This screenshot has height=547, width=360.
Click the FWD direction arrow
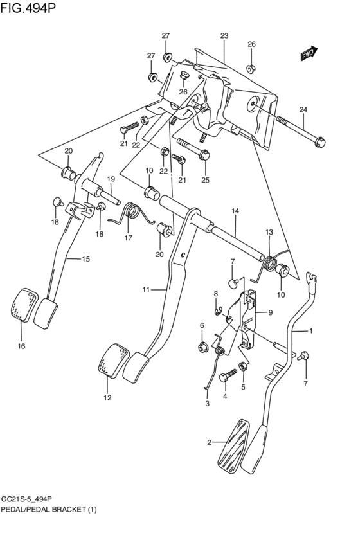click(x=308, y=55)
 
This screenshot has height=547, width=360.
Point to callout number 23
click(x=224, y=36)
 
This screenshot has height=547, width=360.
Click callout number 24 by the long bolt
click(x=303, y=109)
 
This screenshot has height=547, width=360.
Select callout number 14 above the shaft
click(x=235, y=211)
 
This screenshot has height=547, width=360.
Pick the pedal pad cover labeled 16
click(x=21, y=305)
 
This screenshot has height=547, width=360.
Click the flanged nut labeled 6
click(x=201, y=348)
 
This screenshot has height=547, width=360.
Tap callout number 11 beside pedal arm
click(x=147, y=290)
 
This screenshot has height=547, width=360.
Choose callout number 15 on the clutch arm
click(x=85, y=259)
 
